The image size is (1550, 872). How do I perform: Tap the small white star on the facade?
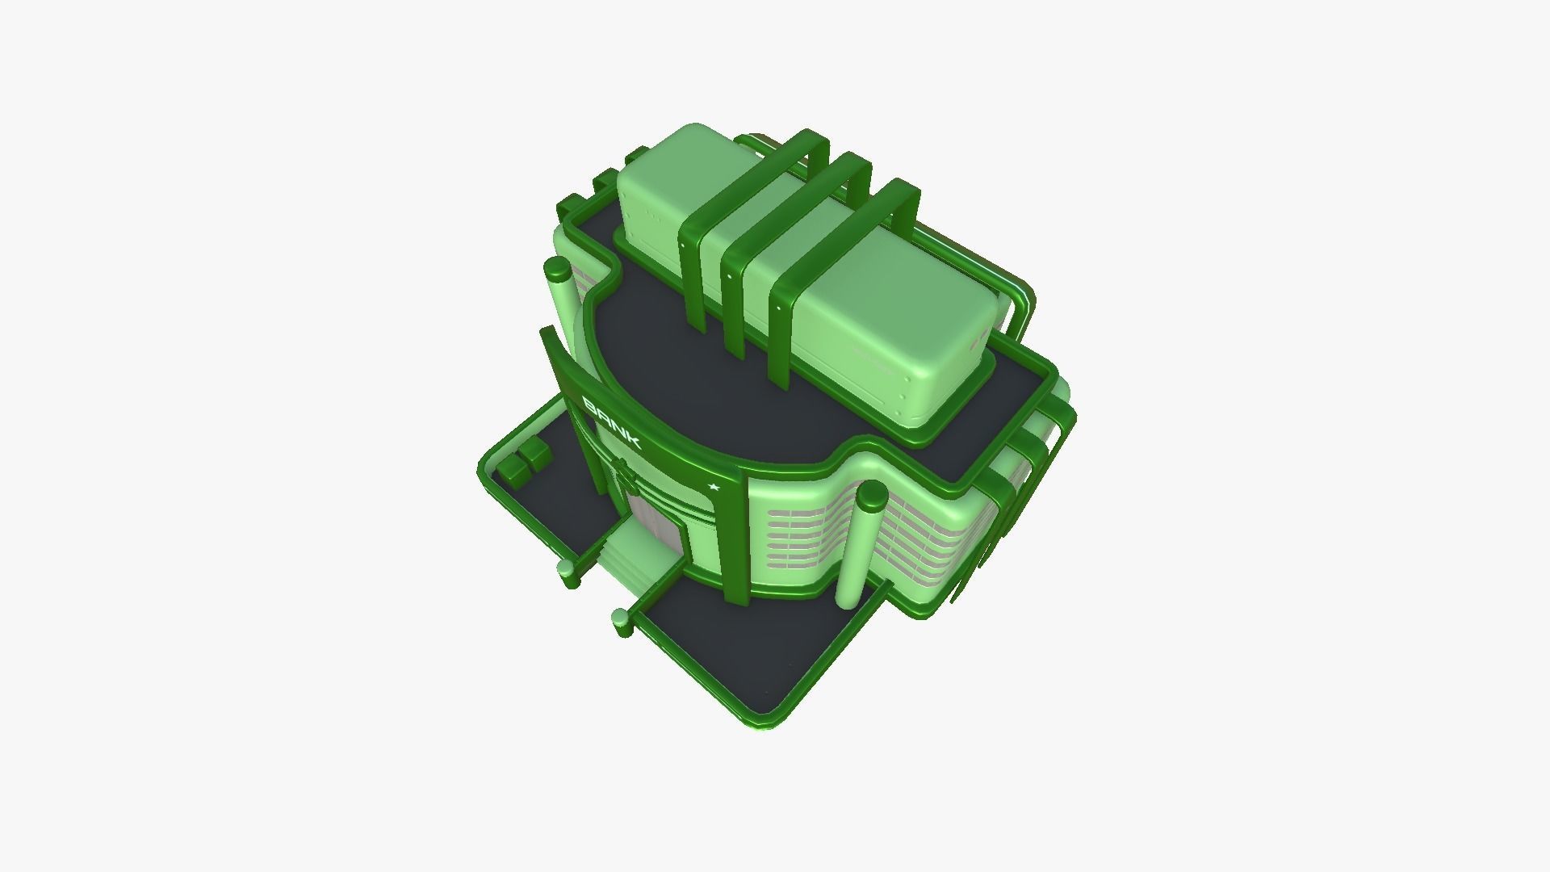coord(713,487)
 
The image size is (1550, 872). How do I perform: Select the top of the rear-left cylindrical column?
coord(556,269)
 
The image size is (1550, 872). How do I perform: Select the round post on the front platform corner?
coord(621,621)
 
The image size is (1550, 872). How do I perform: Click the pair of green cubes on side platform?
coord(523,463)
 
